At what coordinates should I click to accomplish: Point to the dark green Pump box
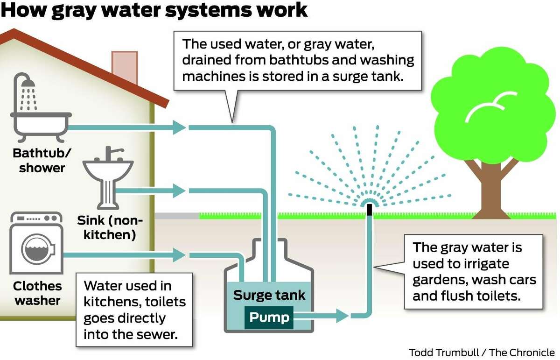(269, 318)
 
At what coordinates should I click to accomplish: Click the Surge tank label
(269, 295)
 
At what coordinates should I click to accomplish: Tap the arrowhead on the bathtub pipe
(179, 127)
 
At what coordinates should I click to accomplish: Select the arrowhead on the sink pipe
(179, 190)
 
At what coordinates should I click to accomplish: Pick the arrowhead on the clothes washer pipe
(179, 255)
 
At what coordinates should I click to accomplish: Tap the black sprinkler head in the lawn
(370, 209)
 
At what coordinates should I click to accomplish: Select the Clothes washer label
(37, 293)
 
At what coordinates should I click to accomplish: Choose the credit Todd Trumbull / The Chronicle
(482, 352)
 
